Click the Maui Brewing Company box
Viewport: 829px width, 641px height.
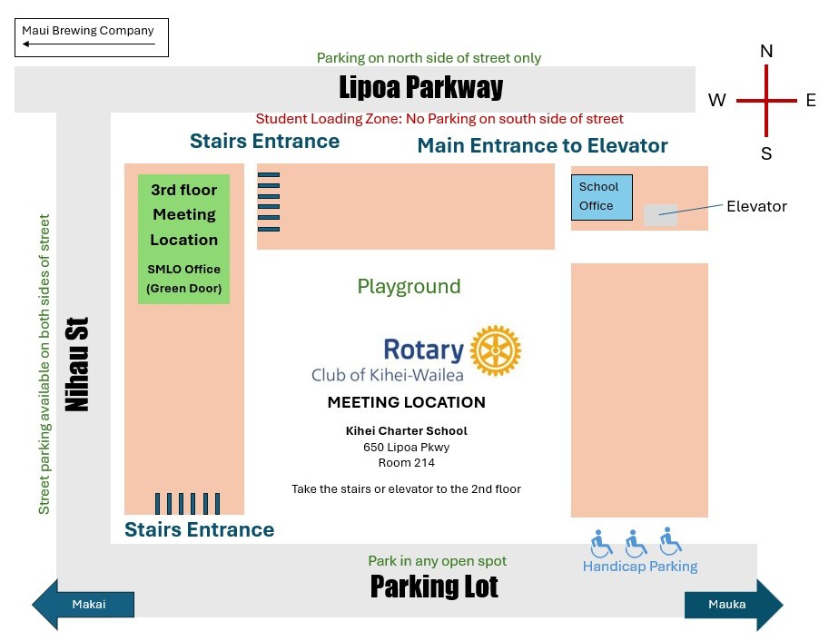[x=92, y=37]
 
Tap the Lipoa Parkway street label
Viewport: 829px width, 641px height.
[x=420, y=87]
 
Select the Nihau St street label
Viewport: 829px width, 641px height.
[x=77, y=364]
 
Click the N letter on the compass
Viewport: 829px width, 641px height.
[x=766, y=51]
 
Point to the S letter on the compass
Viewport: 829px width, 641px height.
[x=766, y=153]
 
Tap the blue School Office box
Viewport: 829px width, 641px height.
[x=602, y=197]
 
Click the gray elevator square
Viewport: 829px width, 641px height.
[x=660, y=215]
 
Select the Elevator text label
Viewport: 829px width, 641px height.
[x=756, y=206]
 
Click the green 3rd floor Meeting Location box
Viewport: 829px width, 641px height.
[x=184, y=239]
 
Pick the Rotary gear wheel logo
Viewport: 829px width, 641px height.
[x=496, y=350]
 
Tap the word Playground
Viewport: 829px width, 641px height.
[x=409, y=287]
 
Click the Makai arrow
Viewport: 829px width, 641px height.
[x=83, y=605]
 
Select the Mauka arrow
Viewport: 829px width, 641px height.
[x=734, y=605]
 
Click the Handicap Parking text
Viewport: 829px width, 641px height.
[x=640, y=567]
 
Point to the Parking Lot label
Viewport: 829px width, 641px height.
[x=434, y=587]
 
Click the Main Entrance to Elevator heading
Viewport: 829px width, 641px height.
[x=542, y=145]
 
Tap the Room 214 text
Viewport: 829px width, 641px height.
[x=406, y=463]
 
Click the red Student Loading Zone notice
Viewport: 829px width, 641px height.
[x=439, y=118]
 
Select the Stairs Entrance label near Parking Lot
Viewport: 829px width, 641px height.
[x=200, y=529]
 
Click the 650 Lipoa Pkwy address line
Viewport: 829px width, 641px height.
[x=406, y=448]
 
